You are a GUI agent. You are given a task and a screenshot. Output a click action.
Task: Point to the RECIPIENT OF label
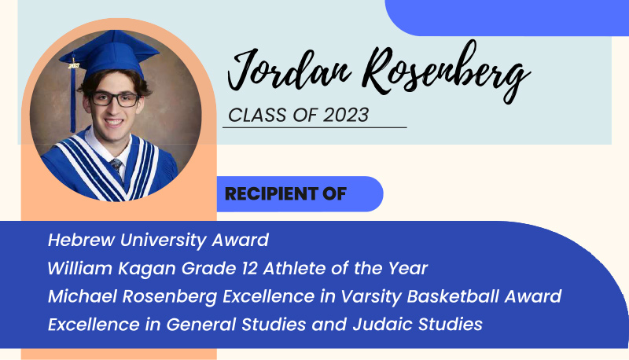point(285,194)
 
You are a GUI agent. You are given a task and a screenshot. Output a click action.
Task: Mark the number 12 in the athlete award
point(247,268)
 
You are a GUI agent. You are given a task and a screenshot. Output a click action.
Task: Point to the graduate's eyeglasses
point(115,100)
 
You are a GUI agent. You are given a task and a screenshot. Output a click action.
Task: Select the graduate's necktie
point(116,166)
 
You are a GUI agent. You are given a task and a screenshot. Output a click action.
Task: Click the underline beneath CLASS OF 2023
point(314,127)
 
